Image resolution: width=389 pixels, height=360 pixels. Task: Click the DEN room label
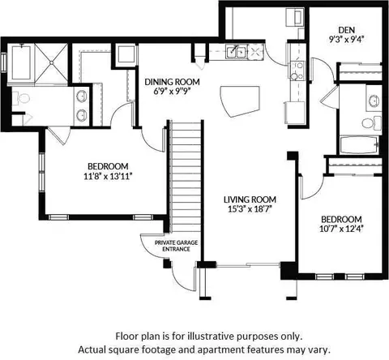(346, 30)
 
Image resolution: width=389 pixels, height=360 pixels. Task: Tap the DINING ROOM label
(172, 82)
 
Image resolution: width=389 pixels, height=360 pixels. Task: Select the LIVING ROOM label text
(250, 199)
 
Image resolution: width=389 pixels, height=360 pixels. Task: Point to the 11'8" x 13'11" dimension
(108, 177)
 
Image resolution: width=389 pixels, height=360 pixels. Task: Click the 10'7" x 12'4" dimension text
(341, 229)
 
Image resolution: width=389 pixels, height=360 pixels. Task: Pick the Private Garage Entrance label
(176, 246)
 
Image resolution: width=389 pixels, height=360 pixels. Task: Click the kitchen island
(240, 101)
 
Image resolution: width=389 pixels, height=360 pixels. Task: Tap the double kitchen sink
(237, 52)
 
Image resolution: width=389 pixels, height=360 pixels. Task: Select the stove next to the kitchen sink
(255, 51)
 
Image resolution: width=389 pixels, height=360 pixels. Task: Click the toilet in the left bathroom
(21, 98)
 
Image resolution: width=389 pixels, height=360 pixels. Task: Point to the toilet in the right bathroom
(371, 123)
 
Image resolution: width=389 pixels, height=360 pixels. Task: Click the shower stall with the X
(51, 62)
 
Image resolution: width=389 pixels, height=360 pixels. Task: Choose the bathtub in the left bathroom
(21, 63)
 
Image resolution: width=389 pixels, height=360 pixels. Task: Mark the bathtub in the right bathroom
(359, 145)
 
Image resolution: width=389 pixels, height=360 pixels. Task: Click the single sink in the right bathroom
(374, 101)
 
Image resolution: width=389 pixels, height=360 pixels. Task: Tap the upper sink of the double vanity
(82, 96)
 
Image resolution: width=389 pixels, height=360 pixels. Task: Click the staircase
(185, 177)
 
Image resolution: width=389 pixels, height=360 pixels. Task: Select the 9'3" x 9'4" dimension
(346, 40)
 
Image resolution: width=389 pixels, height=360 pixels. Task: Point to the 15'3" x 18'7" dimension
(250, 209)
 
